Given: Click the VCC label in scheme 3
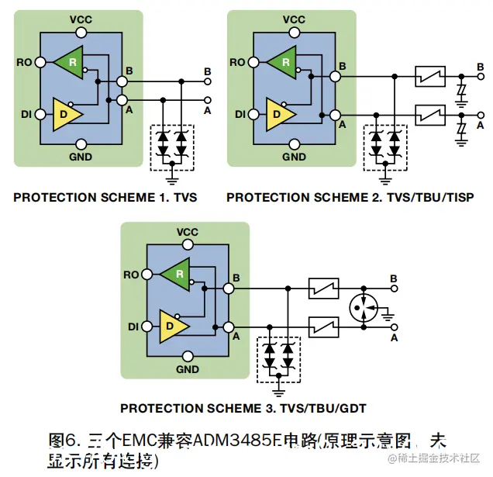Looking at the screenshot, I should coord(188,233).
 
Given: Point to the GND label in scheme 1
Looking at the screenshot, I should coord(81,157).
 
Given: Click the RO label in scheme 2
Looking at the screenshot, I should coord(238,62).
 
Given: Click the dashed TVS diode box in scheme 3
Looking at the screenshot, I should coord(279,360).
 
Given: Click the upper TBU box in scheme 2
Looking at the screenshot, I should coord(429,76).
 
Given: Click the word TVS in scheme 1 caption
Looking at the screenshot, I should coord(184,197).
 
